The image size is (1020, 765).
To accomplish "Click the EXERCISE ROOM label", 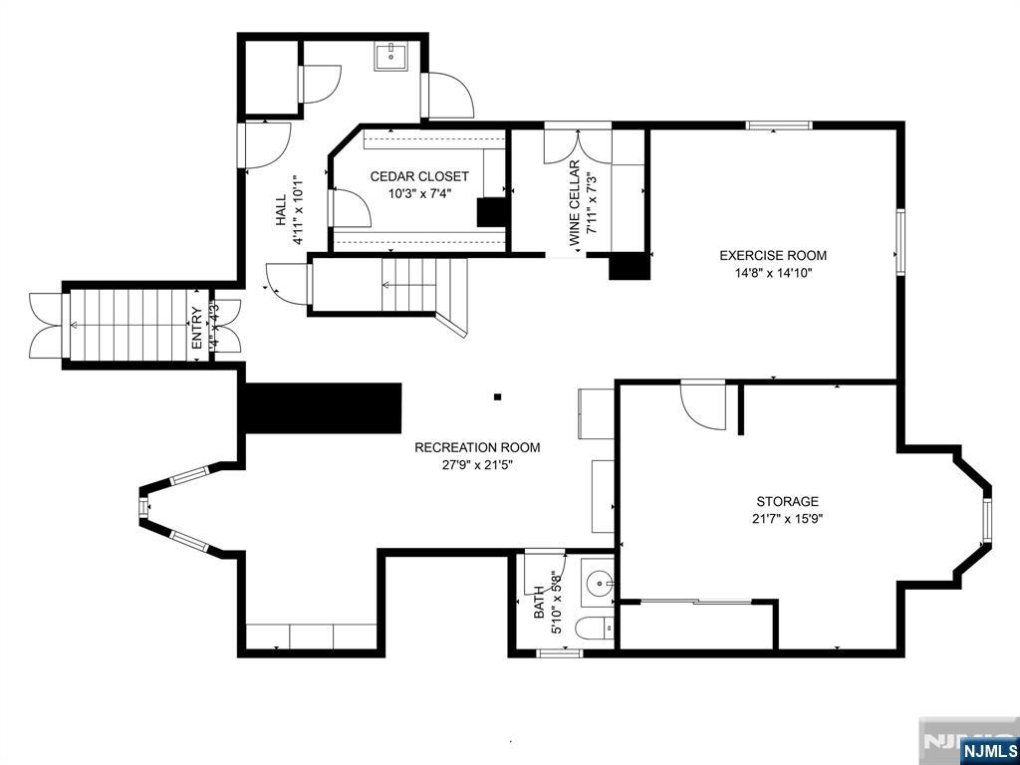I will [773, 255].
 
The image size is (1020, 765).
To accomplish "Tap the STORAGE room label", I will [787, 501].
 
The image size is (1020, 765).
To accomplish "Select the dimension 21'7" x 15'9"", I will [787, 518].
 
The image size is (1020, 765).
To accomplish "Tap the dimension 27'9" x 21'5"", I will [463, 464].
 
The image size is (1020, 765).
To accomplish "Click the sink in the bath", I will [598, 584].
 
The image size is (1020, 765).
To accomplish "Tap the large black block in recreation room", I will [321, 408].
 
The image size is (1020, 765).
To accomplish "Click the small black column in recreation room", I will [498, 397].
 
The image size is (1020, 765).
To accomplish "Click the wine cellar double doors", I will [577, 145].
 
